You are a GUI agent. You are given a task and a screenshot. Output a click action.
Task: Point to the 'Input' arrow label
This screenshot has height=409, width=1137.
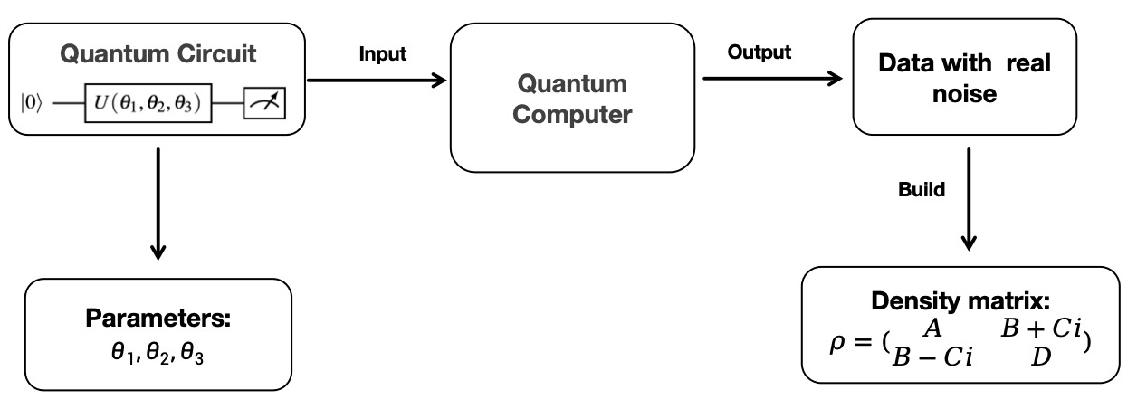coord(383,54)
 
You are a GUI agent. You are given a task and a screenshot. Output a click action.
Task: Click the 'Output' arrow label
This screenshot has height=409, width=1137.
coord(759,52)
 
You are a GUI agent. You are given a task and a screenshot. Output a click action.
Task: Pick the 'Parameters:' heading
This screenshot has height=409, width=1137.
coord(158,319)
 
